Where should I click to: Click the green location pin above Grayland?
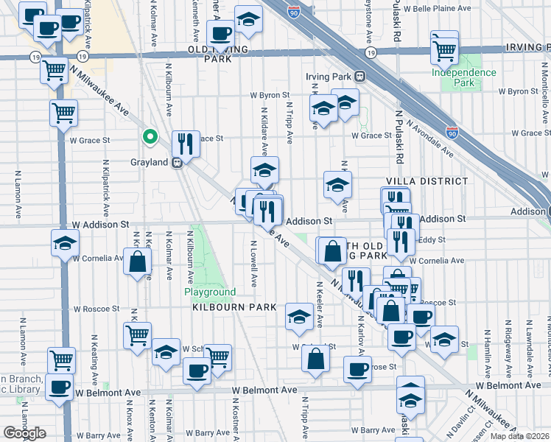pyautogui.click(x=150, y=136)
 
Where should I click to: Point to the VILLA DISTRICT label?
pyautogui.click(x=427, y=180)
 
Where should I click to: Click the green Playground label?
pyautogui.click(x=209, y=292)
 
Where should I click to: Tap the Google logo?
pyautogui.click(x=24, y=432)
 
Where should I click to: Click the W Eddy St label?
pyautogui.click(x=426, y=239)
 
